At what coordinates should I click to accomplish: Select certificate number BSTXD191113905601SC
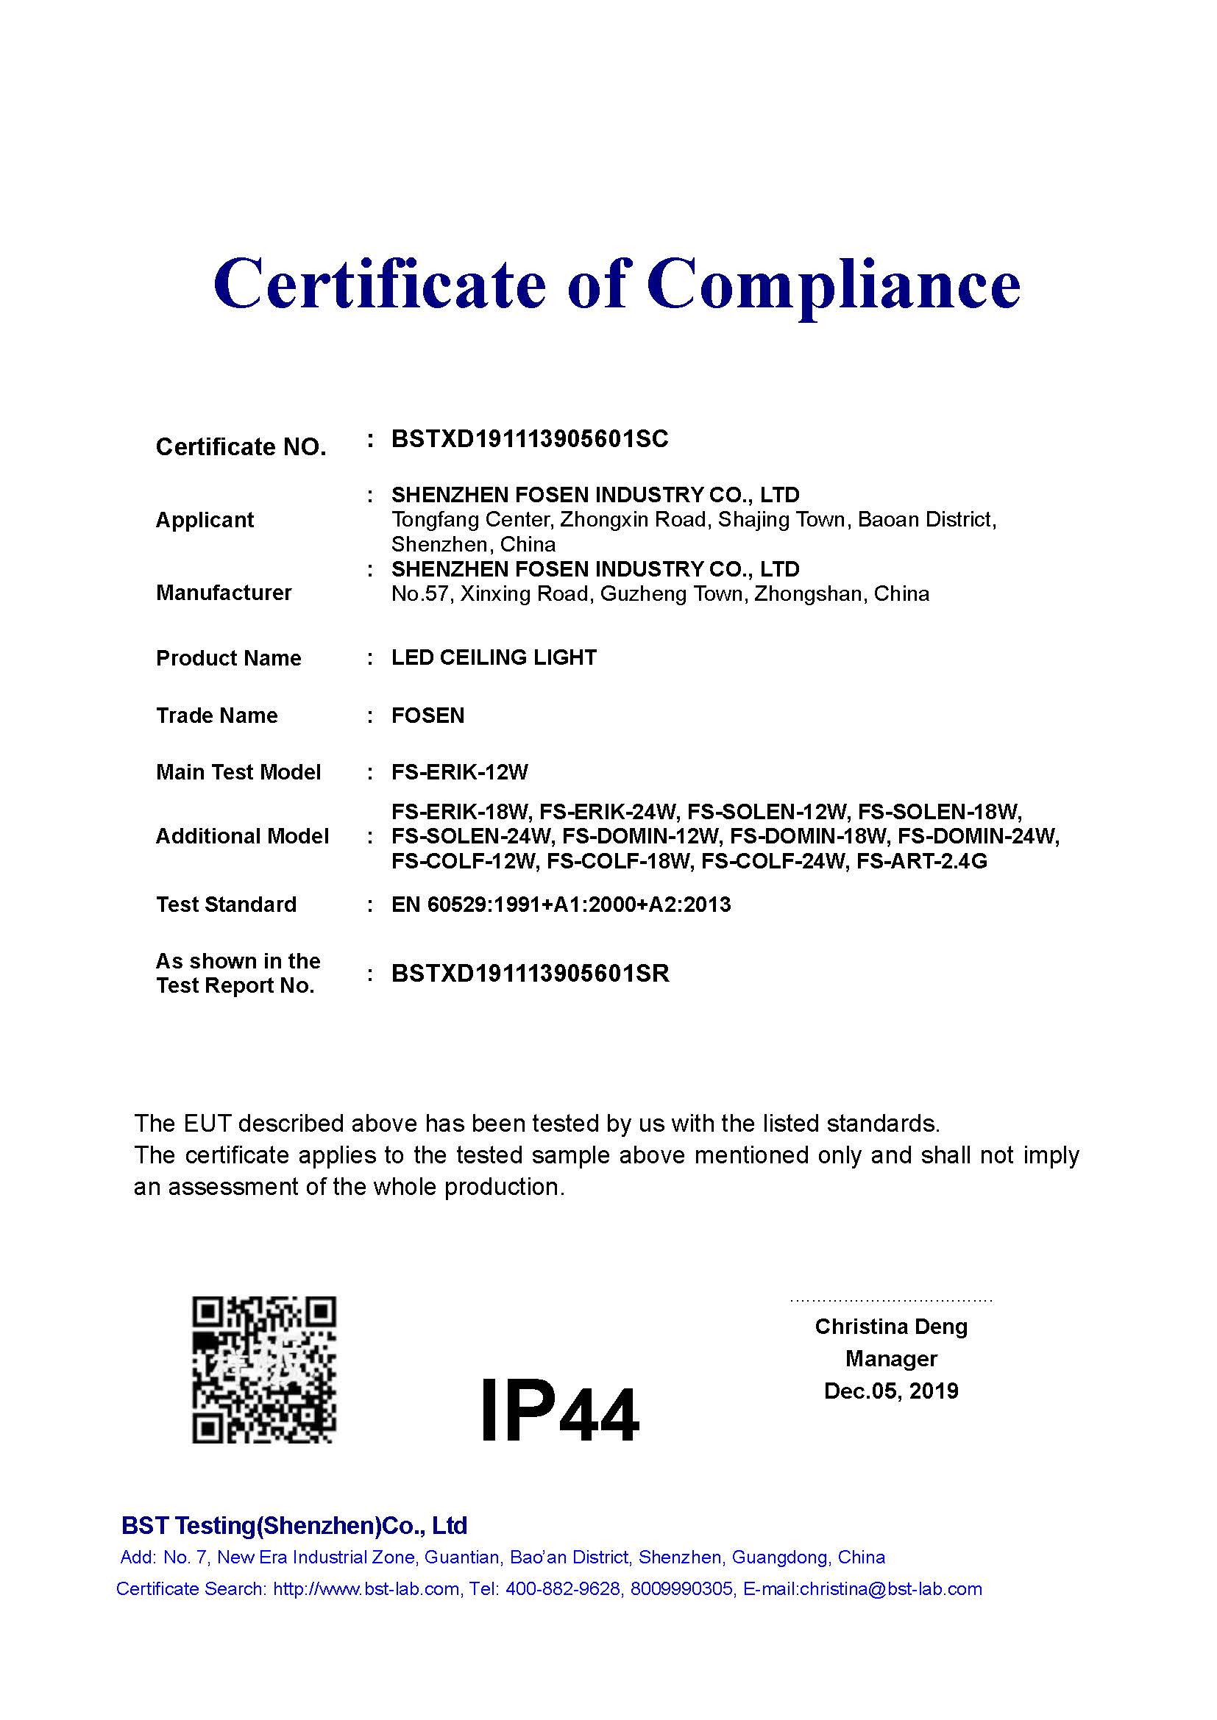click(530, 439)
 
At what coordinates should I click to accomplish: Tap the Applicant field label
click(205, 520)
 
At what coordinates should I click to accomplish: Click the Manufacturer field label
click(224, 593)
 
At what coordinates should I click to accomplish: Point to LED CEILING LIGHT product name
click(494, 657)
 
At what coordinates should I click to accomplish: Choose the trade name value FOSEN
click(428, 716)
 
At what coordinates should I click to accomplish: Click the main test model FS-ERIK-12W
click(460, 771)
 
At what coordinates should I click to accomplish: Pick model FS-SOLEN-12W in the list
click(767, 812)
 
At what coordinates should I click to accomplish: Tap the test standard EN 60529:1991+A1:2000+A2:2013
click(561, 904)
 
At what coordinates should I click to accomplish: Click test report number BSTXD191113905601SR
click(530, 973)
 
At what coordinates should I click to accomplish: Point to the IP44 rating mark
click(559, 1412)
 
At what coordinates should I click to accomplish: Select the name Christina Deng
click(891, 1327)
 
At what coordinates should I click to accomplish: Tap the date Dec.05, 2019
click(891, 1391)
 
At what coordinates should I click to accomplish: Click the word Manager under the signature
click(891, 1359)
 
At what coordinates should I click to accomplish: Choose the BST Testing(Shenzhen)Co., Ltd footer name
click(294, 1526)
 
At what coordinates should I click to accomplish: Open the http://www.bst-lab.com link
click(366, 1589)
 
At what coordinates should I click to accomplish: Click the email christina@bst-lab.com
click(890, 1589)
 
